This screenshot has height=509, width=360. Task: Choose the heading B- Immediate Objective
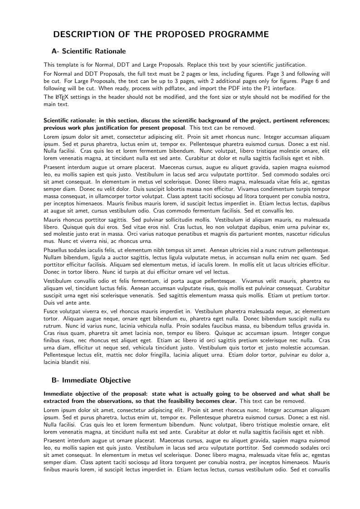[x=91, y=380]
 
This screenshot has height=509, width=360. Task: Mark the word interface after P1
[x=285, y=88]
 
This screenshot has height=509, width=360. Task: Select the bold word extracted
[x=56, y=401]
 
